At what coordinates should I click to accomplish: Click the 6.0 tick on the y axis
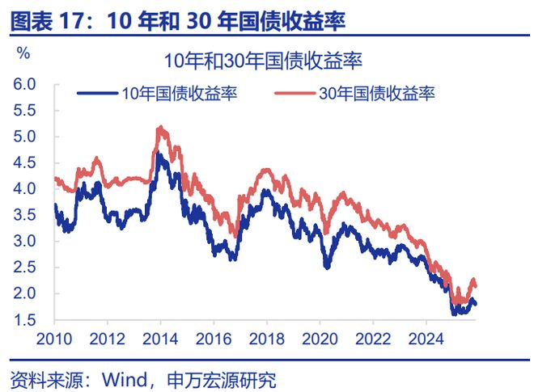(25, 84)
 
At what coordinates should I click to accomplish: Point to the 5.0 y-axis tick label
(25, 137)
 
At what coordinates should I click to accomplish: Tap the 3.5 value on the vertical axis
(25, 215)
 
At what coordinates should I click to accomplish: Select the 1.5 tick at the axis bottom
(25, 320)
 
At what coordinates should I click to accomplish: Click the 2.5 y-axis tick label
(25, 268)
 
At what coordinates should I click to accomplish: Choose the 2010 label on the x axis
(56, 338)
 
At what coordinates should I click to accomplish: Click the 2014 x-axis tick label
(160, 338)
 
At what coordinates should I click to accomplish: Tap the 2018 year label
(265, 338)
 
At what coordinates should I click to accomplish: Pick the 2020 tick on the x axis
(317, 338)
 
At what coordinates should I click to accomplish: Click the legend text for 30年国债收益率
(377, 94)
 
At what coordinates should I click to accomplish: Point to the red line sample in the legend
(295, 94)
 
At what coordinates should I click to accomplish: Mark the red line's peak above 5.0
(160, 127)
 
